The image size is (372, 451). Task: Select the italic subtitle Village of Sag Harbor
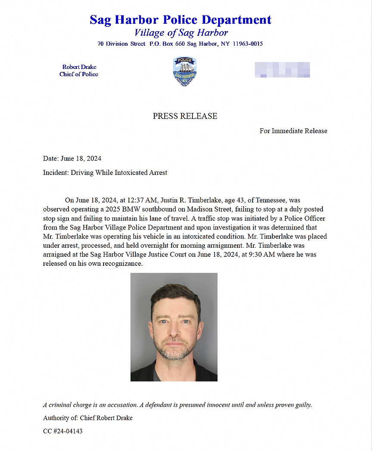tap(181, 33)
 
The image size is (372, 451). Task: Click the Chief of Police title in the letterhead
tap(79, 74)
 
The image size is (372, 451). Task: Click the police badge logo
tap(184, 71)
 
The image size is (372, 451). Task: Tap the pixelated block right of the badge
tap(282, 70)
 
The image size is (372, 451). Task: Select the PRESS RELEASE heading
tap(185, 116)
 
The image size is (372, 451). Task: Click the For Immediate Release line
tap(293, 131)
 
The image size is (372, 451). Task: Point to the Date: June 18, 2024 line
tap(72, 159)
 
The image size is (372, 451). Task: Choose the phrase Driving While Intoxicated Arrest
tap(119, 173)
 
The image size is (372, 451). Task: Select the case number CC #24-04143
tap(63, 431)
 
